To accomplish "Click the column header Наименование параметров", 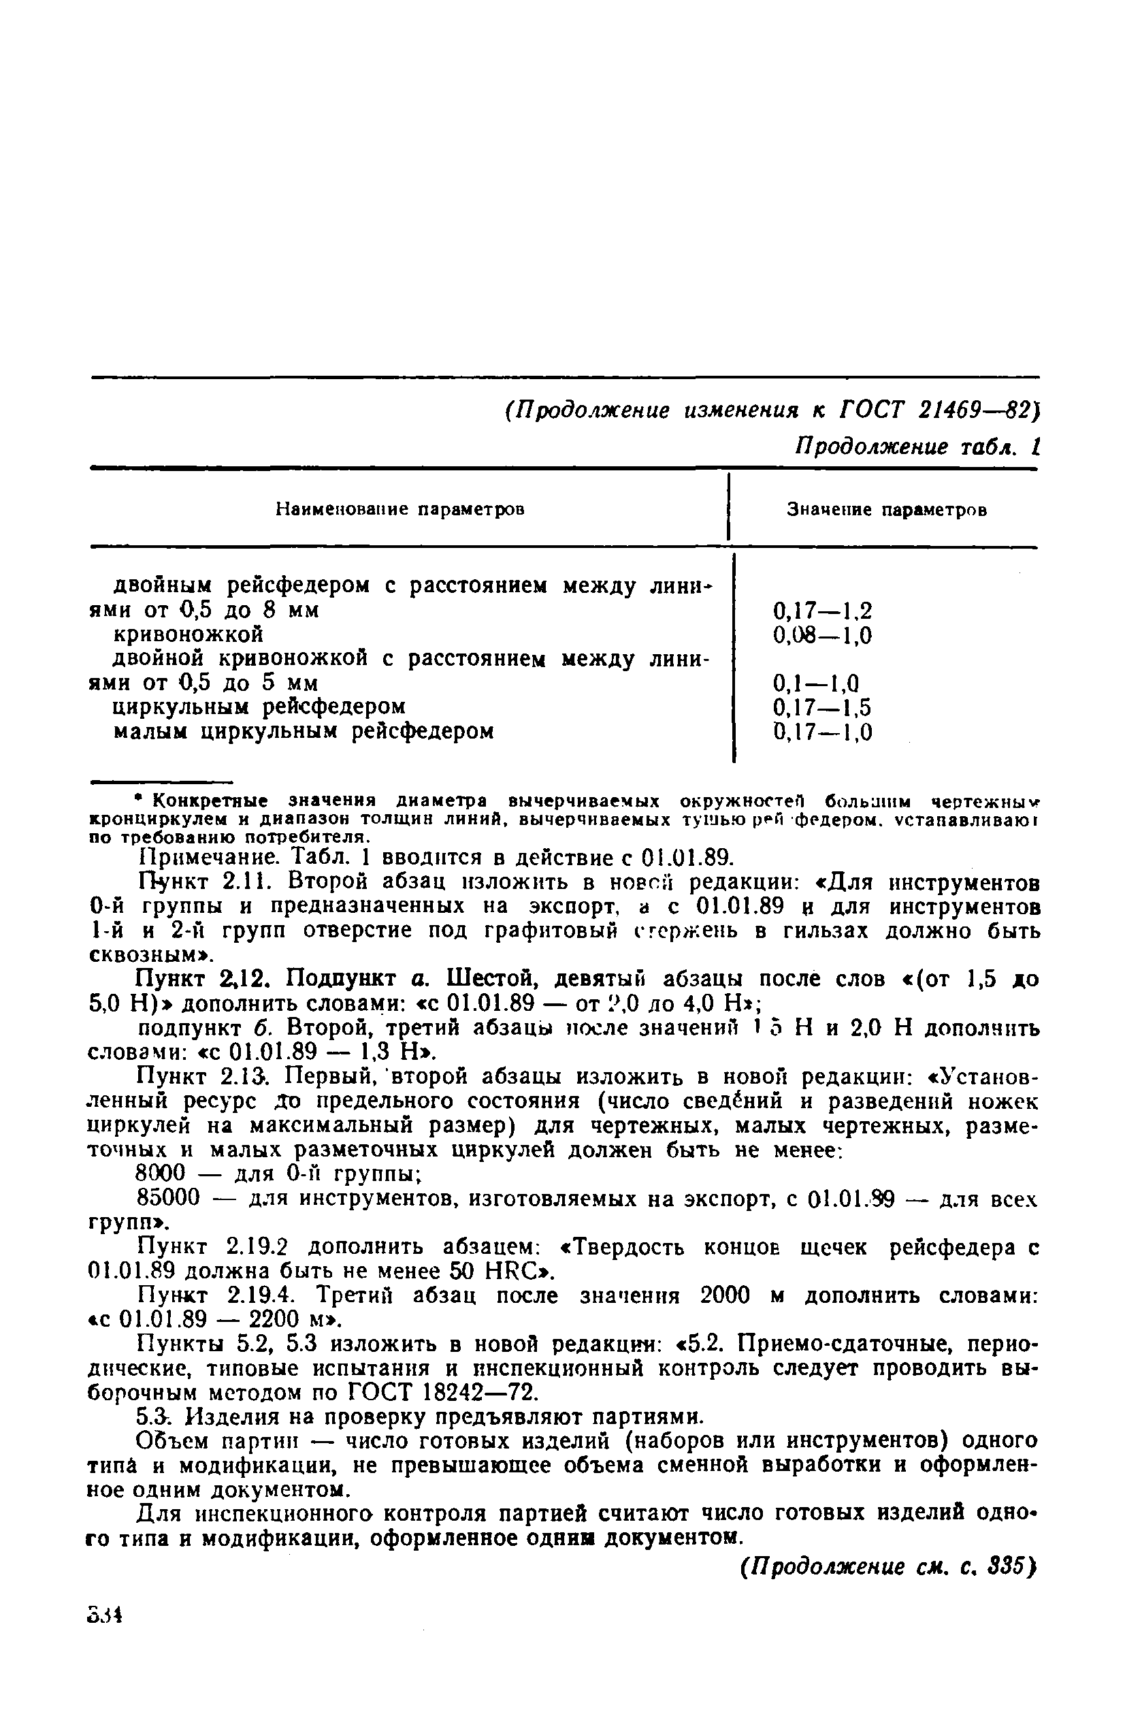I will (400, 509).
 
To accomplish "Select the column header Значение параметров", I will (887, 510).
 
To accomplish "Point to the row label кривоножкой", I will (188, 635).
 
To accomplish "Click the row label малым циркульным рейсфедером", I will (304, 731).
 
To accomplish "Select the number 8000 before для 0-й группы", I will (162, 1173).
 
